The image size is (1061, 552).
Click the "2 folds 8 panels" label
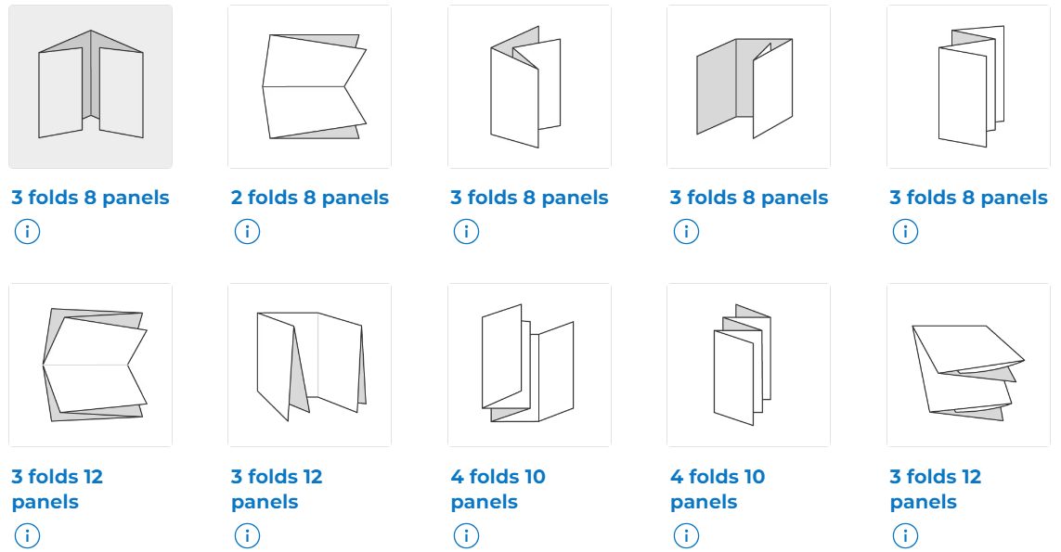(x=309, y=198)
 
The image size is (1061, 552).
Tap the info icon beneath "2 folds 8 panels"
(x=247, y=231)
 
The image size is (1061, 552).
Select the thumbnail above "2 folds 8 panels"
(x=309, y=86)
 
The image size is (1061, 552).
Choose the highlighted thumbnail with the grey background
(x=90, y=86)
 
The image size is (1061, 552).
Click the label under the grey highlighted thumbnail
(x=90, y=198)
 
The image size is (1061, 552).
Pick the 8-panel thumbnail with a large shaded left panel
(x=748, y=86)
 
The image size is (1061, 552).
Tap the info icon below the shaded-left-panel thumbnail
(x=686, y=231)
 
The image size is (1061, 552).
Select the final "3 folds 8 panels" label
(x=968, y=198)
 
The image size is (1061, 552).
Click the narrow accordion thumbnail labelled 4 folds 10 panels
(x=748, y=365)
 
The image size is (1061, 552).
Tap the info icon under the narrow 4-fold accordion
(x=686, y=535)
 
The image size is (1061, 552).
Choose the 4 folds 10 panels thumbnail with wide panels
(x=529, y=365)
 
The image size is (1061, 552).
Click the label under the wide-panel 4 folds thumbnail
(x=498, y=489)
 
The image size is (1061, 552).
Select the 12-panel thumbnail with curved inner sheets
(x=968, y=365)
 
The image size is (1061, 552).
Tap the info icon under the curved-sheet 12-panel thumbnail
(x=905, y=535)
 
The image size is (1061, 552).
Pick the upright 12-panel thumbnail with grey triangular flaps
(x=309, y=365)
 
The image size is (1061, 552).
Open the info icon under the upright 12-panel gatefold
(x=247, y=535)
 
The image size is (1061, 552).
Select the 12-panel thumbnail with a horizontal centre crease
(x=90, y=365)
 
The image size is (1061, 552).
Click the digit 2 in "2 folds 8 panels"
(x=237, y=198)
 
